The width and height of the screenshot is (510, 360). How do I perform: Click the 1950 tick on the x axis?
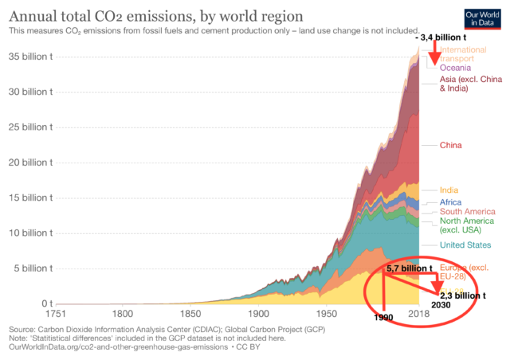(328, 315)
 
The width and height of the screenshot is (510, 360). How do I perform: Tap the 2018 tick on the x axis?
(419, 315)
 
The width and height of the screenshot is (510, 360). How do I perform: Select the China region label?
(450, 145)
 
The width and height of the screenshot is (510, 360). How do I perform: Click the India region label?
(449, 190)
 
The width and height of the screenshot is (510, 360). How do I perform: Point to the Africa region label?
(451, 202)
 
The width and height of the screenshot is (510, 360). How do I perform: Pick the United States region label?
(467, 245)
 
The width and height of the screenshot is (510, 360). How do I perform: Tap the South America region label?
(468, 212)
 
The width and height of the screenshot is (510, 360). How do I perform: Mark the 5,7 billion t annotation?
(410, 268)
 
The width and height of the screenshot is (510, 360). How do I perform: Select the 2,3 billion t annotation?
(464, 295)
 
